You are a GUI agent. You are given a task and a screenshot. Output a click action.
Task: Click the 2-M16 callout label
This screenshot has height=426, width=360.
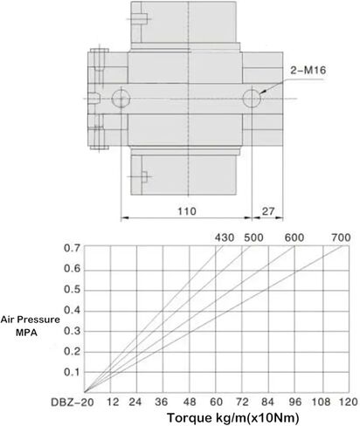tap(308, 70)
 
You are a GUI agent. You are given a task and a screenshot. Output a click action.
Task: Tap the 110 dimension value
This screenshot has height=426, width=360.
tap(187, 211)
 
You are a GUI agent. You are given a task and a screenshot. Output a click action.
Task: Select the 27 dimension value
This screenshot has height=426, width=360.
tap(267, 211)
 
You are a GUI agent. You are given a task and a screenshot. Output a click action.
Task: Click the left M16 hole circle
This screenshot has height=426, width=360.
tap(121, 99)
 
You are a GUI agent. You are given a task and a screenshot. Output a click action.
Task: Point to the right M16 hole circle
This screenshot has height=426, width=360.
tap(252, 99)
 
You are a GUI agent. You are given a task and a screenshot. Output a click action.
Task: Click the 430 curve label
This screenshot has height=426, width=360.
tap(225, 237)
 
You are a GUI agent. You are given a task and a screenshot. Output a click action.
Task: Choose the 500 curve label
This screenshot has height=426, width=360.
tap(253, 237)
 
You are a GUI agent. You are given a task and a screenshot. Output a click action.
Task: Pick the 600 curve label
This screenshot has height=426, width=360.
tap(294, 237)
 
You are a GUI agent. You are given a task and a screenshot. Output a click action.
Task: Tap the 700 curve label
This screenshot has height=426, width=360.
tap(341, 237)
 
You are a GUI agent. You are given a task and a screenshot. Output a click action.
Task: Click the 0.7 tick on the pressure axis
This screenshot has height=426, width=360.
tap(72, 248)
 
